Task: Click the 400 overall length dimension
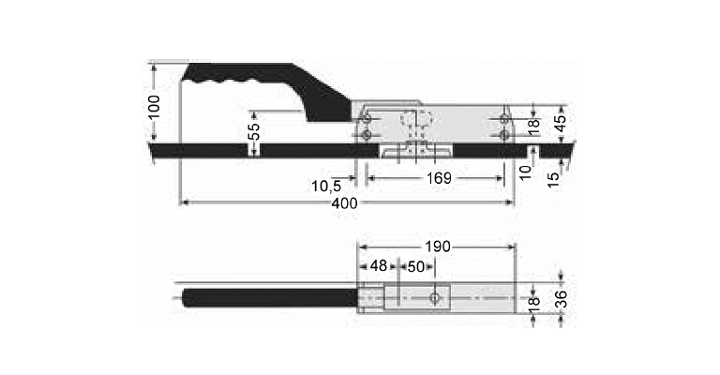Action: [x=344, y=203]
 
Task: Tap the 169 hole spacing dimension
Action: [x=439, y=178]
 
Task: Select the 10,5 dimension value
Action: [x=326, y=186]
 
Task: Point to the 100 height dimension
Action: [x=155, y=107]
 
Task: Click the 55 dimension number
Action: [x=254, y=131]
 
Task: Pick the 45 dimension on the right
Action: [x=561, y=123]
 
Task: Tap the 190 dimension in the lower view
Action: [x=437, y=247]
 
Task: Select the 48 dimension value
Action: [x=379, y=265]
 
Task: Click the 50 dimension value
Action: [x=416, y=266]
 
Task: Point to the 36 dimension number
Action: [x=562, y=299]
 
